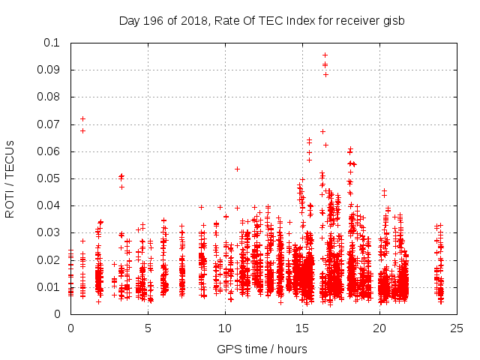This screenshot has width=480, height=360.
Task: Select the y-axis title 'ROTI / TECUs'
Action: coord(10,178)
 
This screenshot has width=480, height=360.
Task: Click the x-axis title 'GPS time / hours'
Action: coord(262,349)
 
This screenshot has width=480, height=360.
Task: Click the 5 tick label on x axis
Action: coord(148,328)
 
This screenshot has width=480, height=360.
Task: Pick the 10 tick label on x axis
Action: coord(225,328)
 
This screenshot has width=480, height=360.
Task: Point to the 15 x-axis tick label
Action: coord(302,328)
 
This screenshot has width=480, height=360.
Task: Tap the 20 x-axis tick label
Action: coord(379,328)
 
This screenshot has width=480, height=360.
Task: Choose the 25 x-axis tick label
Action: coord(457,328)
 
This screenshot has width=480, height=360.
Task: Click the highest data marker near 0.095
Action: coord(325,55)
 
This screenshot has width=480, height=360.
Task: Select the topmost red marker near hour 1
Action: coord(82,118)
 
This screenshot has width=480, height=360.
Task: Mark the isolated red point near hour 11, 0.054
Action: coord(237,169)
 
